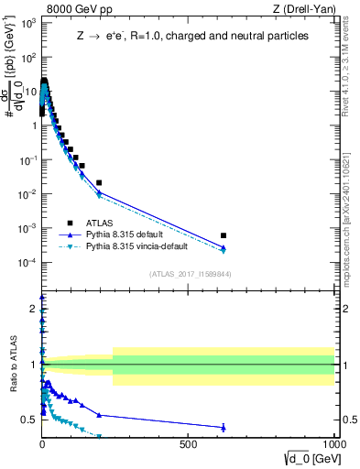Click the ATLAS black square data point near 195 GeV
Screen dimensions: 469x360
pyautogui.click(x=99, y=183)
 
